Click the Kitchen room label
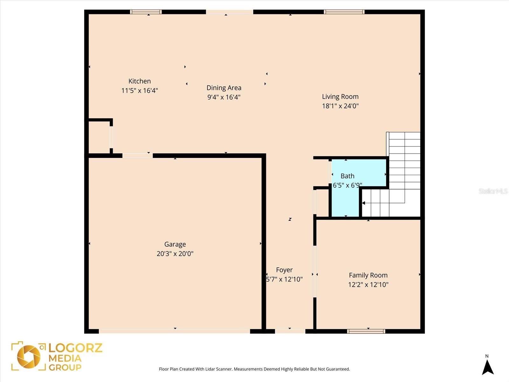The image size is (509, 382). pyautogui.click(x=139, y=81)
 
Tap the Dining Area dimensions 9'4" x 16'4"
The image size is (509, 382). pyautogui.click(x=224, y=97)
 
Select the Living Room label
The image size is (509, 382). pyautogui.click(x=340, y=96)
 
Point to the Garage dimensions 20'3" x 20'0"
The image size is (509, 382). pyautogui.click(x=175, y=254)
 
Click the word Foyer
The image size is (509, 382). pyautogui.click(x=284, y=270)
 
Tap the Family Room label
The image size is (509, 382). pyautogui.click(x=368, y=275)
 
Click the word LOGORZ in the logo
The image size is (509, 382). pyautogui.click(x=75, y=348)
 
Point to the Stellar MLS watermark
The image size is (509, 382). pyautogui.click(x=493, y=191)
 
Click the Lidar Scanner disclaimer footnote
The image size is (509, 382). pyautogui.click(x=254, y=369)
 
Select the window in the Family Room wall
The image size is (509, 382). pyautogui.click(x=366, y=331)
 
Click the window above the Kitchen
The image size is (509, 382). pyautogui.click(x=146, y=12)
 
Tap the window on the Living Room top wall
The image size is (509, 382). pyautogui.click(x=344, y=12)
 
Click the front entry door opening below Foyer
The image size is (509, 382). pyautogui.click(x=290, y=331)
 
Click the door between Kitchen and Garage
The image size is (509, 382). pyautogui.click(x=137, y=156)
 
